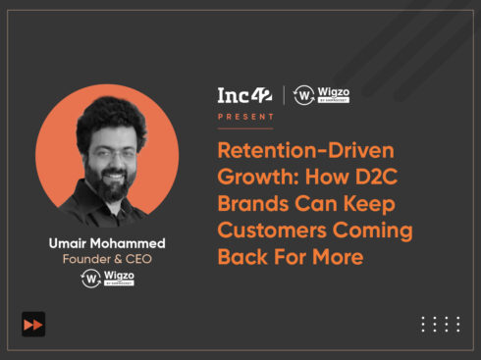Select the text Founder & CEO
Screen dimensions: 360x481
[106, 259]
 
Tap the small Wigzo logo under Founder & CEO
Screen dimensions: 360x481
[106, 279]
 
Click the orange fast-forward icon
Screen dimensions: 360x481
[33, 324]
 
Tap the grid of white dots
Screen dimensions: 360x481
[440, 324]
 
